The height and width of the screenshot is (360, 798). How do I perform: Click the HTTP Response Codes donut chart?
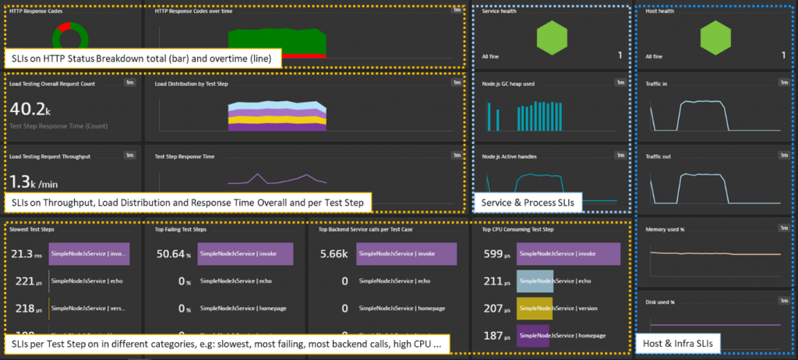click(72, 35)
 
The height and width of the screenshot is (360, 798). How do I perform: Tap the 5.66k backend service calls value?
click(334, 254)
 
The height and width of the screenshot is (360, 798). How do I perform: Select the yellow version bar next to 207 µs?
click(535, 309)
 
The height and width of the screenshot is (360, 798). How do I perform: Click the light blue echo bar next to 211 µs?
click(535, 281)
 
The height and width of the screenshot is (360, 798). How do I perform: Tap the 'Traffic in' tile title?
click(659, 83)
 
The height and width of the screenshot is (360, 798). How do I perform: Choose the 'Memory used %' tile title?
click(666, 230)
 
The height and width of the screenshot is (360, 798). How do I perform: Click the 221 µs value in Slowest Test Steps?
click(26, 281)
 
